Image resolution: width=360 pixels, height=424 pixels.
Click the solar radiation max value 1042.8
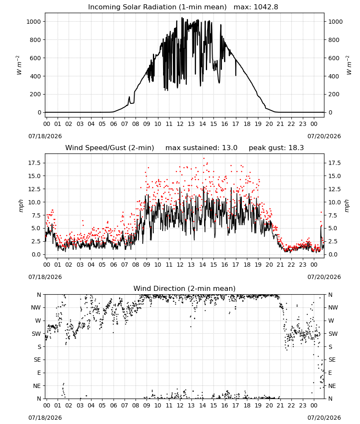click(x=266, y=7)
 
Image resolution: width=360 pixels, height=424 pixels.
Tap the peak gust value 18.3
click(x=296, y=148)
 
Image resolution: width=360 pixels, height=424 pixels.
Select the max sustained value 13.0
click(x=230, y=148)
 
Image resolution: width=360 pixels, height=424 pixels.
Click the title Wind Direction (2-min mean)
click(x=185, y=288)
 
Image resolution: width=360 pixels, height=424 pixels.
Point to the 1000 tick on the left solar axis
click(x=34, y=22)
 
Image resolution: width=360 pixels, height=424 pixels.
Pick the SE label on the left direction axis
click(x=37, y=360)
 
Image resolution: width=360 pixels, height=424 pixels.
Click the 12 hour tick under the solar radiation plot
click(x=180, y=124)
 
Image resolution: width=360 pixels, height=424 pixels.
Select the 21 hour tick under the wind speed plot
click(x=280, y=265)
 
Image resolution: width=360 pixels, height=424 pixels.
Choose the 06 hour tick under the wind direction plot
click(x=114, y=405)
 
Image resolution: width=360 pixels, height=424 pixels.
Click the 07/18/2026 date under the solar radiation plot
click(x=45, y=136)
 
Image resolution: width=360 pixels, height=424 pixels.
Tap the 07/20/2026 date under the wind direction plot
click(x=324, y=418)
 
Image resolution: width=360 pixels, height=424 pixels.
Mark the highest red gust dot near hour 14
click(x=204, y=159)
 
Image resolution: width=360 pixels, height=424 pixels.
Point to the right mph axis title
click(x=346, y=206)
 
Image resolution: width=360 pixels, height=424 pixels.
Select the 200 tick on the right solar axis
click(x=334, y=95)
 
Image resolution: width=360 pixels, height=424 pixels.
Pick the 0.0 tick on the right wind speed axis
click(x=333, y=254)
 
